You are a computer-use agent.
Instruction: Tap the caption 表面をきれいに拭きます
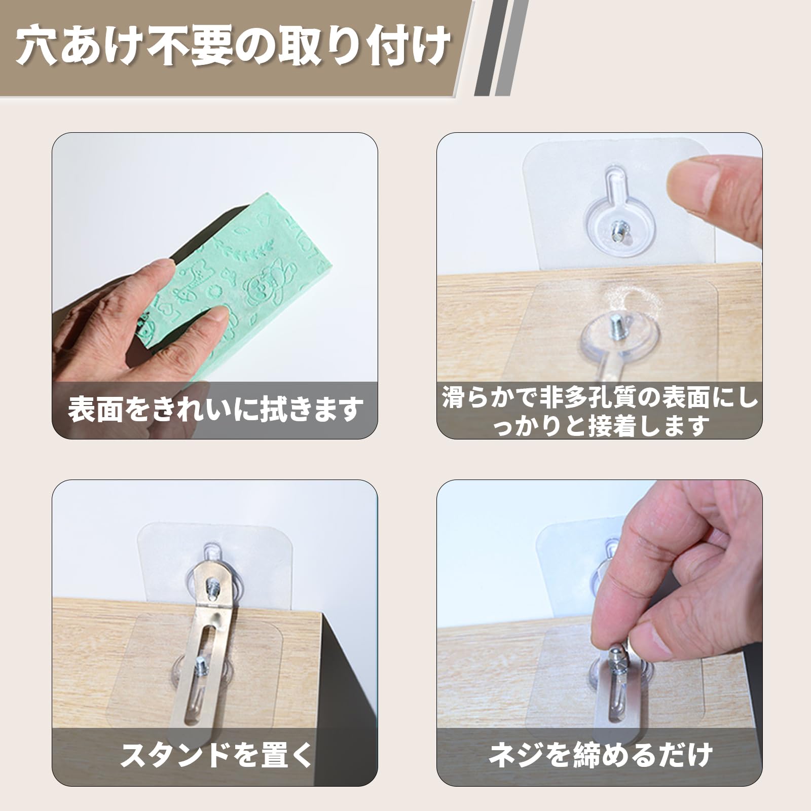(215, 410)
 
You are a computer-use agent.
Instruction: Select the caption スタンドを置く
(215, 755)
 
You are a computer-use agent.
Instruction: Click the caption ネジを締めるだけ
(600, 755)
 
